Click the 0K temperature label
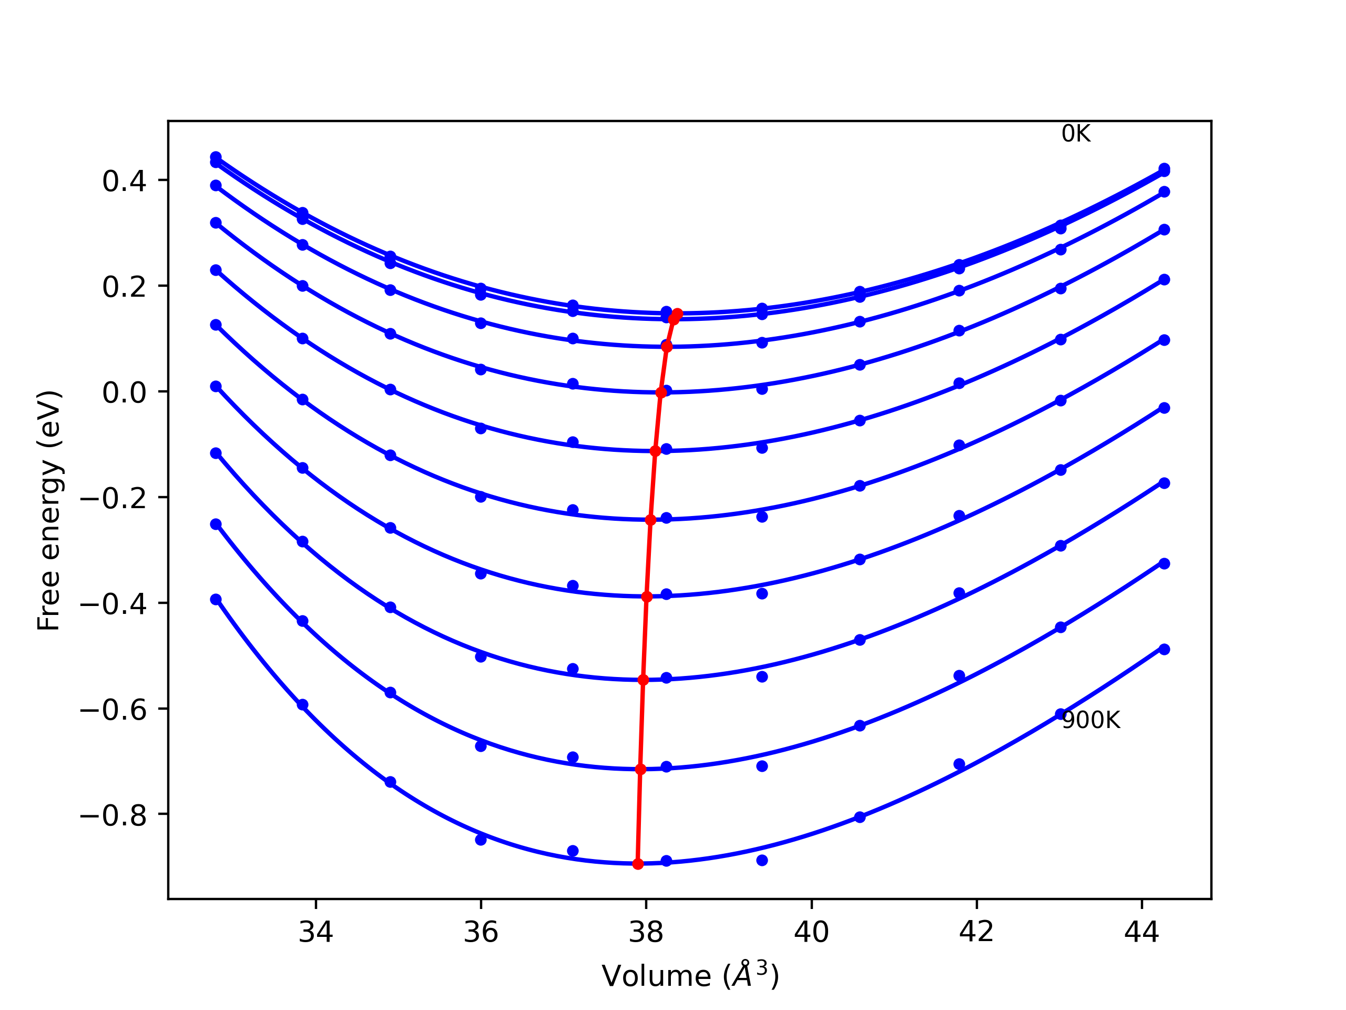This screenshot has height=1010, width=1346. pyautogui.click(x=1075, y=134)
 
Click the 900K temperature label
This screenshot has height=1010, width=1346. pyautogui.click(x=1090, y=720)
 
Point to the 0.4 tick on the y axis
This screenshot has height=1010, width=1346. pyautogui.click(x=124, y=181)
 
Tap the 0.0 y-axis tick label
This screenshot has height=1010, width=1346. pyautogui.click(x=124, y=392)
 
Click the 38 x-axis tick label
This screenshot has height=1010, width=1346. pyautogui.click(x=646, y=932)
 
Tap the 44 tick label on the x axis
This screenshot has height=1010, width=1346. pyautogui.click(x=1141, y=932)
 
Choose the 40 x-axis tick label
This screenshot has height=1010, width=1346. pyautogui.click(x=811, y=932)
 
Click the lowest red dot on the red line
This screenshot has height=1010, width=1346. pyautogui.click(x=638, y=863)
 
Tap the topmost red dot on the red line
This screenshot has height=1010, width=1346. pyautogui.click(x=677, y=314)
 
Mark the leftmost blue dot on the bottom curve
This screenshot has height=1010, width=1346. pyautogui.click(x=216, y=600)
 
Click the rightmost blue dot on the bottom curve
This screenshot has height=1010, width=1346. pyautogui.click(x=1164, y=650)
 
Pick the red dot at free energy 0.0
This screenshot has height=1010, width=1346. pyautogui.click(x=661, y=392)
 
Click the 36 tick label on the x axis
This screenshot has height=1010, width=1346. pyautogui.click(x=481, y=932)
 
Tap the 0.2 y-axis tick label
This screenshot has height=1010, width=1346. pyautogui.click(x=124, y=287)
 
